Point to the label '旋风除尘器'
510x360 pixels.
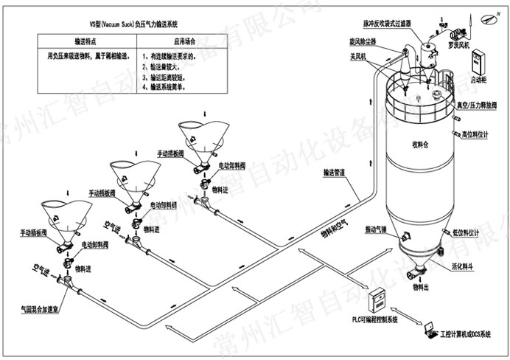pos(365,42)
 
